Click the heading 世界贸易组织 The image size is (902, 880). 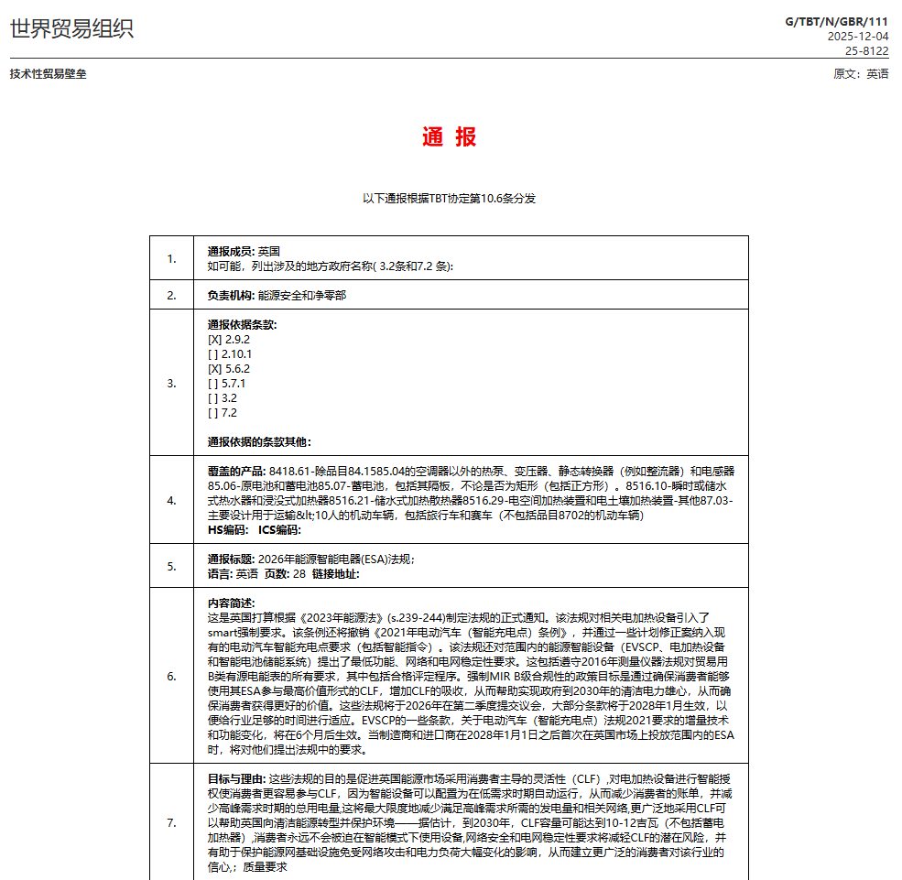pos(71,28)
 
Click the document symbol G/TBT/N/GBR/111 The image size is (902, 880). pos(836,21)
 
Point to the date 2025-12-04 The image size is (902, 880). pos(857,37)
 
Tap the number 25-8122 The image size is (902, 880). pos(866,51)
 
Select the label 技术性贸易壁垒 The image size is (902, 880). pos(48,74)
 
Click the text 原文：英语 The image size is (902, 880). pos(860,74)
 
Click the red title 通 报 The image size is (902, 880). pos(449,137)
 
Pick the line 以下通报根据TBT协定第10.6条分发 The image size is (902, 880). pos(449,198)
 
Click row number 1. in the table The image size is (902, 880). pos(171,258)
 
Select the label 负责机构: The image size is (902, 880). pos(231,296)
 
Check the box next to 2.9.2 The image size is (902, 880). pos(215,340)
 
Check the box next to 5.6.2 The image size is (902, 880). pos(215,369)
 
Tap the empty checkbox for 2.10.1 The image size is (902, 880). pos(213,354)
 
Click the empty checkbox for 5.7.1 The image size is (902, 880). pos(213,384)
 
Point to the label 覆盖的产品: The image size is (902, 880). pos(237,471)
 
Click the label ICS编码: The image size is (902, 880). pos(279,529)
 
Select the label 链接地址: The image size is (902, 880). pos(335,574)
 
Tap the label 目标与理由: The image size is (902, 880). pos(237,778)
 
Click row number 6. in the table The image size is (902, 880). pos(171,677)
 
